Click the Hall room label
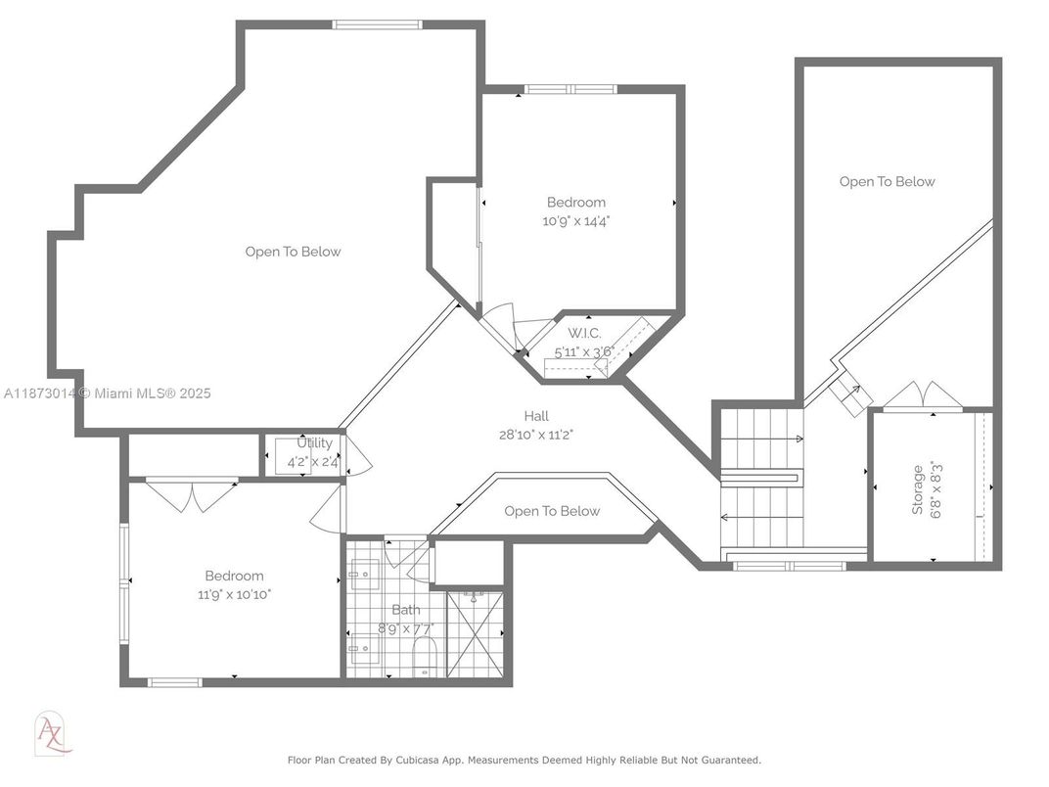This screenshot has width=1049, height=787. [x=536, y=416]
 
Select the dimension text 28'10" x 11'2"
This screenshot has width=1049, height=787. [x=536, y=435]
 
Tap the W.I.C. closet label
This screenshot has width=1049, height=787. [x=584, y=333]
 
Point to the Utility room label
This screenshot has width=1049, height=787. [x=314, y=443]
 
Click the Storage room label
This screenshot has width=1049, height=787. [x=917, y=489]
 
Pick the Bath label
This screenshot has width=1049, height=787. [x=406, y=610]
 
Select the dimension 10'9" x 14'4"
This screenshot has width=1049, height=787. [x=576, y=221]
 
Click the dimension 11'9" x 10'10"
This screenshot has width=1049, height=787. [x=234, y=594]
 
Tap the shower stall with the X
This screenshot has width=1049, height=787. [x=475, y=634]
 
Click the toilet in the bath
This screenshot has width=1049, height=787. [x=424, y=657]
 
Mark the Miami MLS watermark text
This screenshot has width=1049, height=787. [x=107, y=393]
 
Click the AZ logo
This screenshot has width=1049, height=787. [x=52, y=733]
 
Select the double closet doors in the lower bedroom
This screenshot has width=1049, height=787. [x=192, y=495]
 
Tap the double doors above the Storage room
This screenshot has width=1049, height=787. [x=923, y=394]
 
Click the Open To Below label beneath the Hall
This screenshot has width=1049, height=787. [x=552, y=511]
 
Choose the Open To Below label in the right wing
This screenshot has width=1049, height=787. [x=888, y=181]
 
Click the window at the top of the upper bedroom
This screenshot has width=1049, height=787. [x=570, y=89]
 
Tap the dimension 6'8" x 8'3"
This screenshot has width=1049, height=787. [x=935, y=490]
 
